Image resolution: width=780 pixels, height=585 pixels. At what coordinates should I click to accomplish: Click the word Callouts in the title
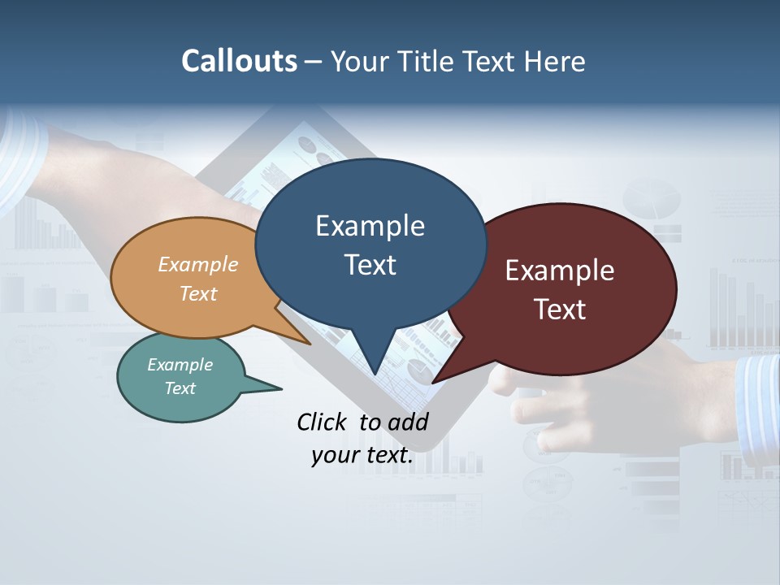[x=239, y=61]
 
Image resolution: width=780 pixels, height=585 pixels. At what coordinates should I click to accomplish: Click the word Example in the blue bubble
[x=370, y=226]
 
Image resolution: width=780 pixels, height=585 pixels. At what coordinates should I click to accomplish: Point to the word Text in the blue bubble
[x=370, y=265]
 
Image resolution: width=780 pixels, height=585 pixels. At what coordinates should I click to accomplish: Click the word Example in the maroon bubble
[x=560, y=271]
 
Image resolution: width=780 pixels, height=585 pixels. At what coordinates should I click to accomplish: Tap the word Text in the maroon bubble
[x=560, y=310]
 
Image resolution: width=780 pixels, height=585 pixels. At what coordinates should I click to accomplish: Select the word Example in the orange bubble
[x=198, y=265]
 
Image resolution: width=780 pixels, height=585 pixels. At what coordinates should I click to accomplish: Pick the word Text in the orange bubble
[x=198, y=293]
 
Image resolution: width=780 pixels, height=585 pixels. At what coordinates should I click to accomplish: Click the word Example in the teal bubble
[x=180, y=365]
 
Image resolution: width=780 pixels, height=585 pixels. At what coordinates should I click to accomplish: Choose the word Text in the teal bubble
[x=180, y=388]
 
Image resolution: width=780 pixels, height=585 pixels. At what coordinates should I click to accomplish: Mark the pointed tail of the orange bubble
[x=305, y=340]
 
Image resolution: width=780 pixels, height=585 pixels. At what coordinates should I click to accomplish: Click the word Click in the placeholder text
[x=322, y=422]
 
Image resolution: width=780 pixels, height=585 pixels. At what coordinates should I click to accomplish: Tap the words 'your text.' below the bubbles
[x=362, y=455]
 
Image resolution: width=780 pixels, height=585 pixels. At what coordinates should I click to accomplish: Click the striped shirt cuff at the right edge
[x=758, y=398]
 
